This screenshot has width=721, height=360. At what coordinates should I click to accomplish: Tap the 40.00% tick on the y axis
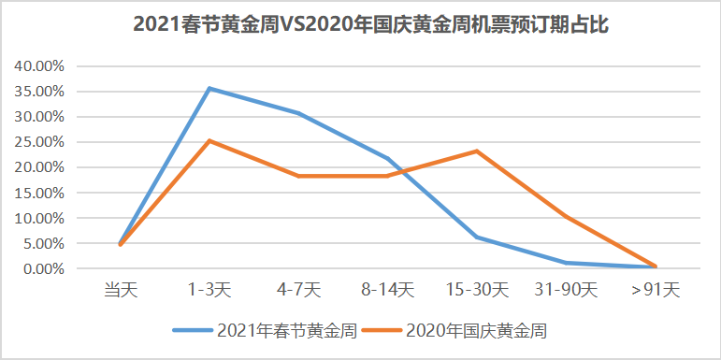click(38, 66)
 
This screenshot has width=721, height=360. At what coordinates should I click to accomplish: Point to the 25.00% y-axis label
click(38, 142)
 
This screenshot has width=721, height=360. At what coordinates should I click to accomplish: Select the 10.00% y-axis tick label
click(38, 218)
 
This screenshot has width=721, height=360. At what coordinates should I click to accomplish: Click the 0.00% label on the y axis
click(41, 268)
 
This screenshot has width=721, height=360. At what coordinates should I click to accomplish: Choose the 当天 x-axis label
click(121, 290)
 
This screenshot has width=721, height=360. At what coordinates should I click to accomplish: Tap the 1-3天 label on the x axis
click(209, 290)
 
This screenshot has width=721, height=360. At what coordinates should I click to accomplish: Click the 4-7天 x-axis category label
click(298, 290)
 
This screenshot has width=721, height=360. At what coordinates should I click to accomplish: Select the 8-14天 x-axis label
click(387, 290)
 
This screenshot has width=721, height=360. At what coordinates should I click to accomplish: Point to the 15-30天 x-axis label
click(476, 290)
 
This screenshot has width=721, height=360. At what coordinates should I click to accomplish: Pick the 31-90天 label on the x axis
click(565, 290)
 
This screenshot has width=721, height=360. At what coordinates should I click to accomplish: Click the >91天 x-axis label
click(654, 290)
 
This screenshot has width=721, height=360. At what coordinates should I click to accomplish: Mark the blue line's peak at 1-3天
click(209, 89)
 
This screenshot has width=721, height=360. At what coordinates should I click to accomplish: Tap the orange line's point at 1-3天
click(209, 141)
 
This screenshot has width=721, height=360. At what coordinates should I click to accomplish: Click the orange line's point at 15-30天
click(476, 151)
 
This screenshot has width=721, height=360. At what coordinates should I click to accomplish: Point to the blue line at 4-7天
click(298, 113)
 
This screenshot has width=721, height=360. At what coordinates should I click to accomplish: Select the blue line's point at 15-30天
click(476, 238)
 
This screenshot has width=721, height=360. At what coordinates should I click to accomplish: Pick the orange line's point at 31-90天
click(565, 217)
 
